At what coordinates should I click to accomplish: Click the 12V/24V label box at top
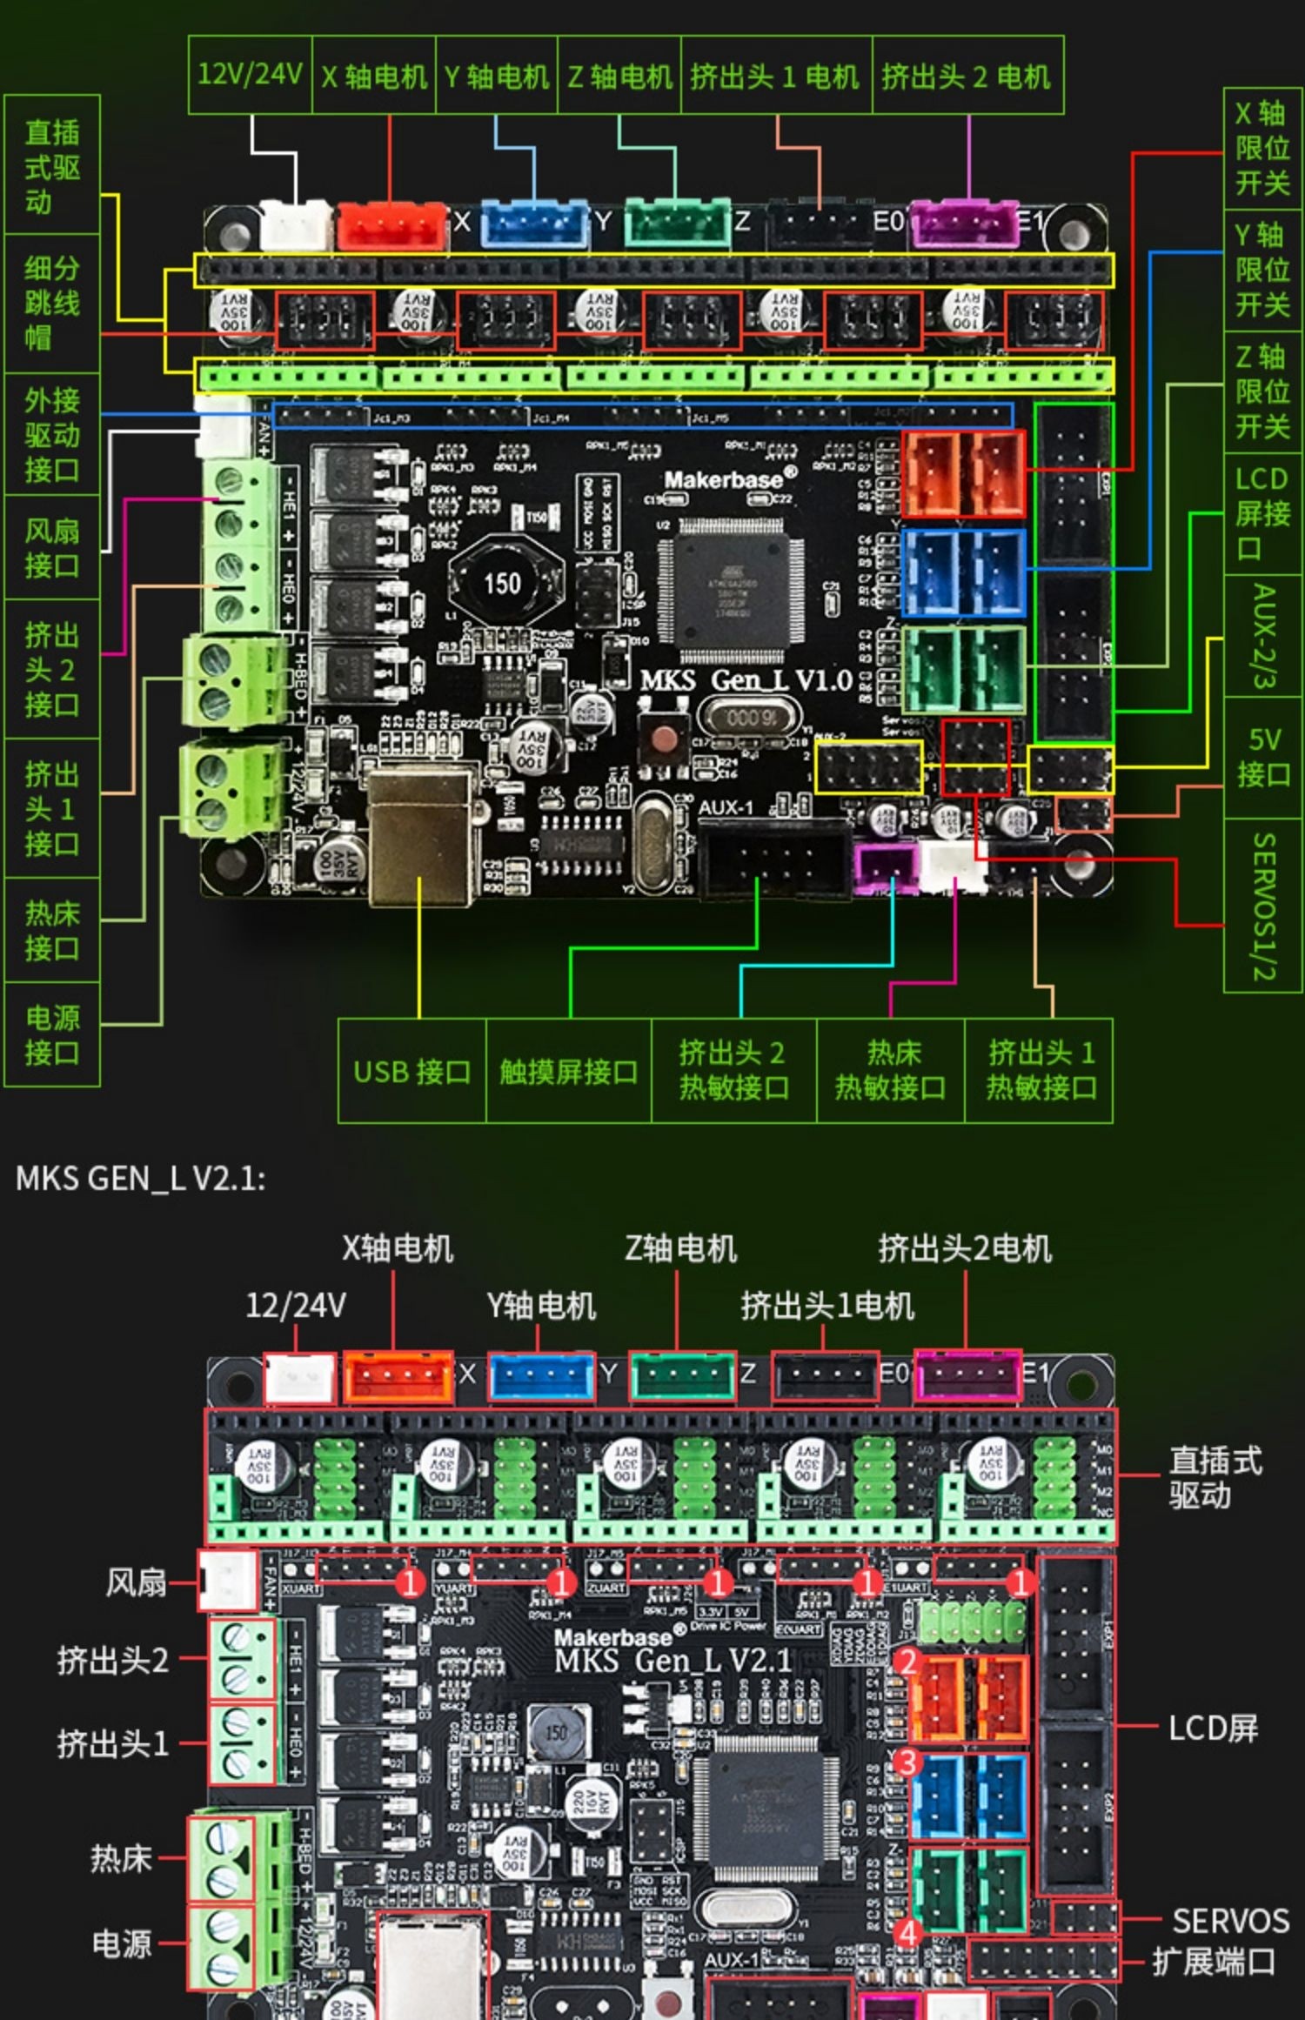click(250, 75)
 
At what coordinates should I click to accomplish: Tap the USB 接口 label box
click(412, 1071)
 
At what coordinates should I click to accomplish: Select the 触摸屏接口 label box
click(568, 1071)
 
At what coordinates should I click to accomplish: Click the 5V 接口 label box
click(1262, 757)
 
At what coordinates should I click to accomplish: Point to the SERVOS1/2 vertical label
click(1263, 906)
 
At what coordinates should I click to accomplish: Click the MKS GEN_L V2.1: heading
click(140, 1179)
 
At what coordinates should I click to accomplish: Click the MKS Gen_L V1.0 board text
click(746, 680)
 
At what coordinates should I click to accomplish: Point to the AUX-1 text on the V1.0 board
click(726, 808)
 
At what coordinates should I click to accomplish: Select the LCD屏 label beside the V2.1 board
click(1213, 1727)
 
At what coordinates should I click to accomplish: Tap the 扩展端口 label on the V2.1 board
click(1214, 1962)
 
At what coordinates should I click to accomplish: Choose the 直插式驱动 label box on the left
click(51, 166)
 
